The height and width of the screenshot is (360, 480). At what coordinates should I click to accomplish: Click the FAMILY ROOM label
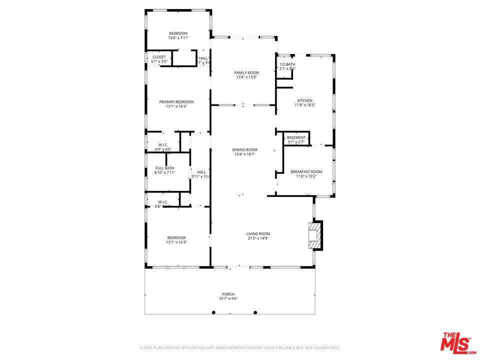click(246, 73)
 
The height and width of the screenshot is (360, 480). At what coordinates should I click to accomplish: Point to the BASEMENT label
click(296, 137)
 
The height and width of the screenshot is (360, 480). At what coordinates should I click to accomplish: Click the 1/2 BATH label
click(287, 64)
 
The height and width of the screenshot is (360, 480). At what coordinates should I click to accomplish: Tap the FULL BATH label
click(164, 168)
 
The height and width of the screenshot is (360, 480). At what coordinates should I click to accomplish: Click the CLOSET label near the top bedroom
click(159, 57)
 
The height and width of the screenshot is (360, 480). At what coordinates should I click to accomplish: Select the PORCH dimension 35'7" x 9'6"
click(228, 299)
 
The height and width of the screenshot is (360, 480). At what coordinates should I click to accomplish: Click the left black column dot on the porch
click(213, 312)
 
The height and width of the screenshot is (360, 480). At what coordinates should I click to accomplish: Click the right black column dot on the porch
click(255, 312)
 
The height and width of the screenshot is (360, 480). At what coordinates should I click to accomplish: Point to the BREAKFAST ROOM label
click(306, 171)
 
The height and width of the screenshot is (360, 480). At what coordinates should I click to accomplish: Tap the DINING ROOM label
click(245, 149)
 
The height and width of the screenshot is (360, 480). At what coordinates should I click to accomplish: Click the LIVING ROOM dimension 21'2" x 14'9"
click(258, 238)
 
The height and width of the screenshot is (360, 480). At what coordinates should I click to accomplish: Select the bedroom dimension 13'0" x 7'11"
click(178, 38)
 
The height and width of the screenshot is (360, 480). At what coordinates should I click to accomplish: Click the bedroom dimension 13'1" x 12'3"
click(176, 242)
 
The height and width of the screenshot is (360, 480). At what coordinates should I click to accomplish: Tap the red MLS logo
click(455, 343)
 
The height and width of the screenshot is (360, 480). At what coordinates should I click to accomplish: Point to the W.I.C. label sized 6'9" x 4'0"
click(163, 144)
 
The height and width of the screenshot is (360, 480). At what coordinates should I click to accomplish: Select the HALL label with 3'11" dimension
click(201, 172)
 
